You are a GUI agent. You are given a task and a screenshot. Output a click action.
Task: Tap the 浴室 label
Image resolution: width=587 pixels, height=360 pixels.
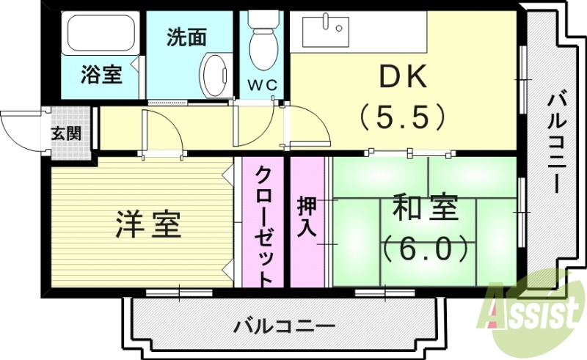(101, 74)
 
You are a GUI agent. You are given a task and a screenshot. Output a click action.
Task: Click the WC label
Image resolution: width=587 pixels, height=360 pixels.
(262, 85)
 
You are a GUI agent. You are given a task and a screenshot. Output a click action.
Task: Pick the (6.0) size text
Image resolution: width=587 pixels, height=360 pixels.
(425, 249)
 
